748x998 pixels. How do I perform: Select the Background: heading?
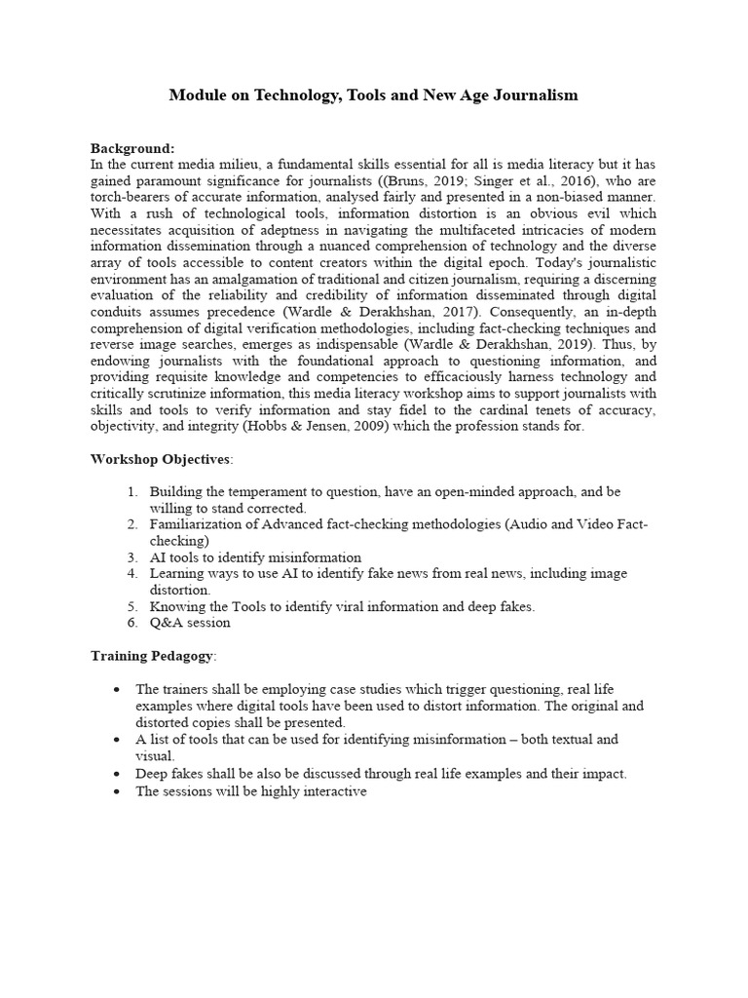pyautogui.click(x=132, y=148)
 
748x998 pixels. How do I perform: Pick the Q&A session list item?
pyautogui.click(x=190, y=624)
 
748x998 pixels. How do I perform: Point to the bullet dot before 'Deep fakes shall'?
pyautogui.click(x=118, y=774)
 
